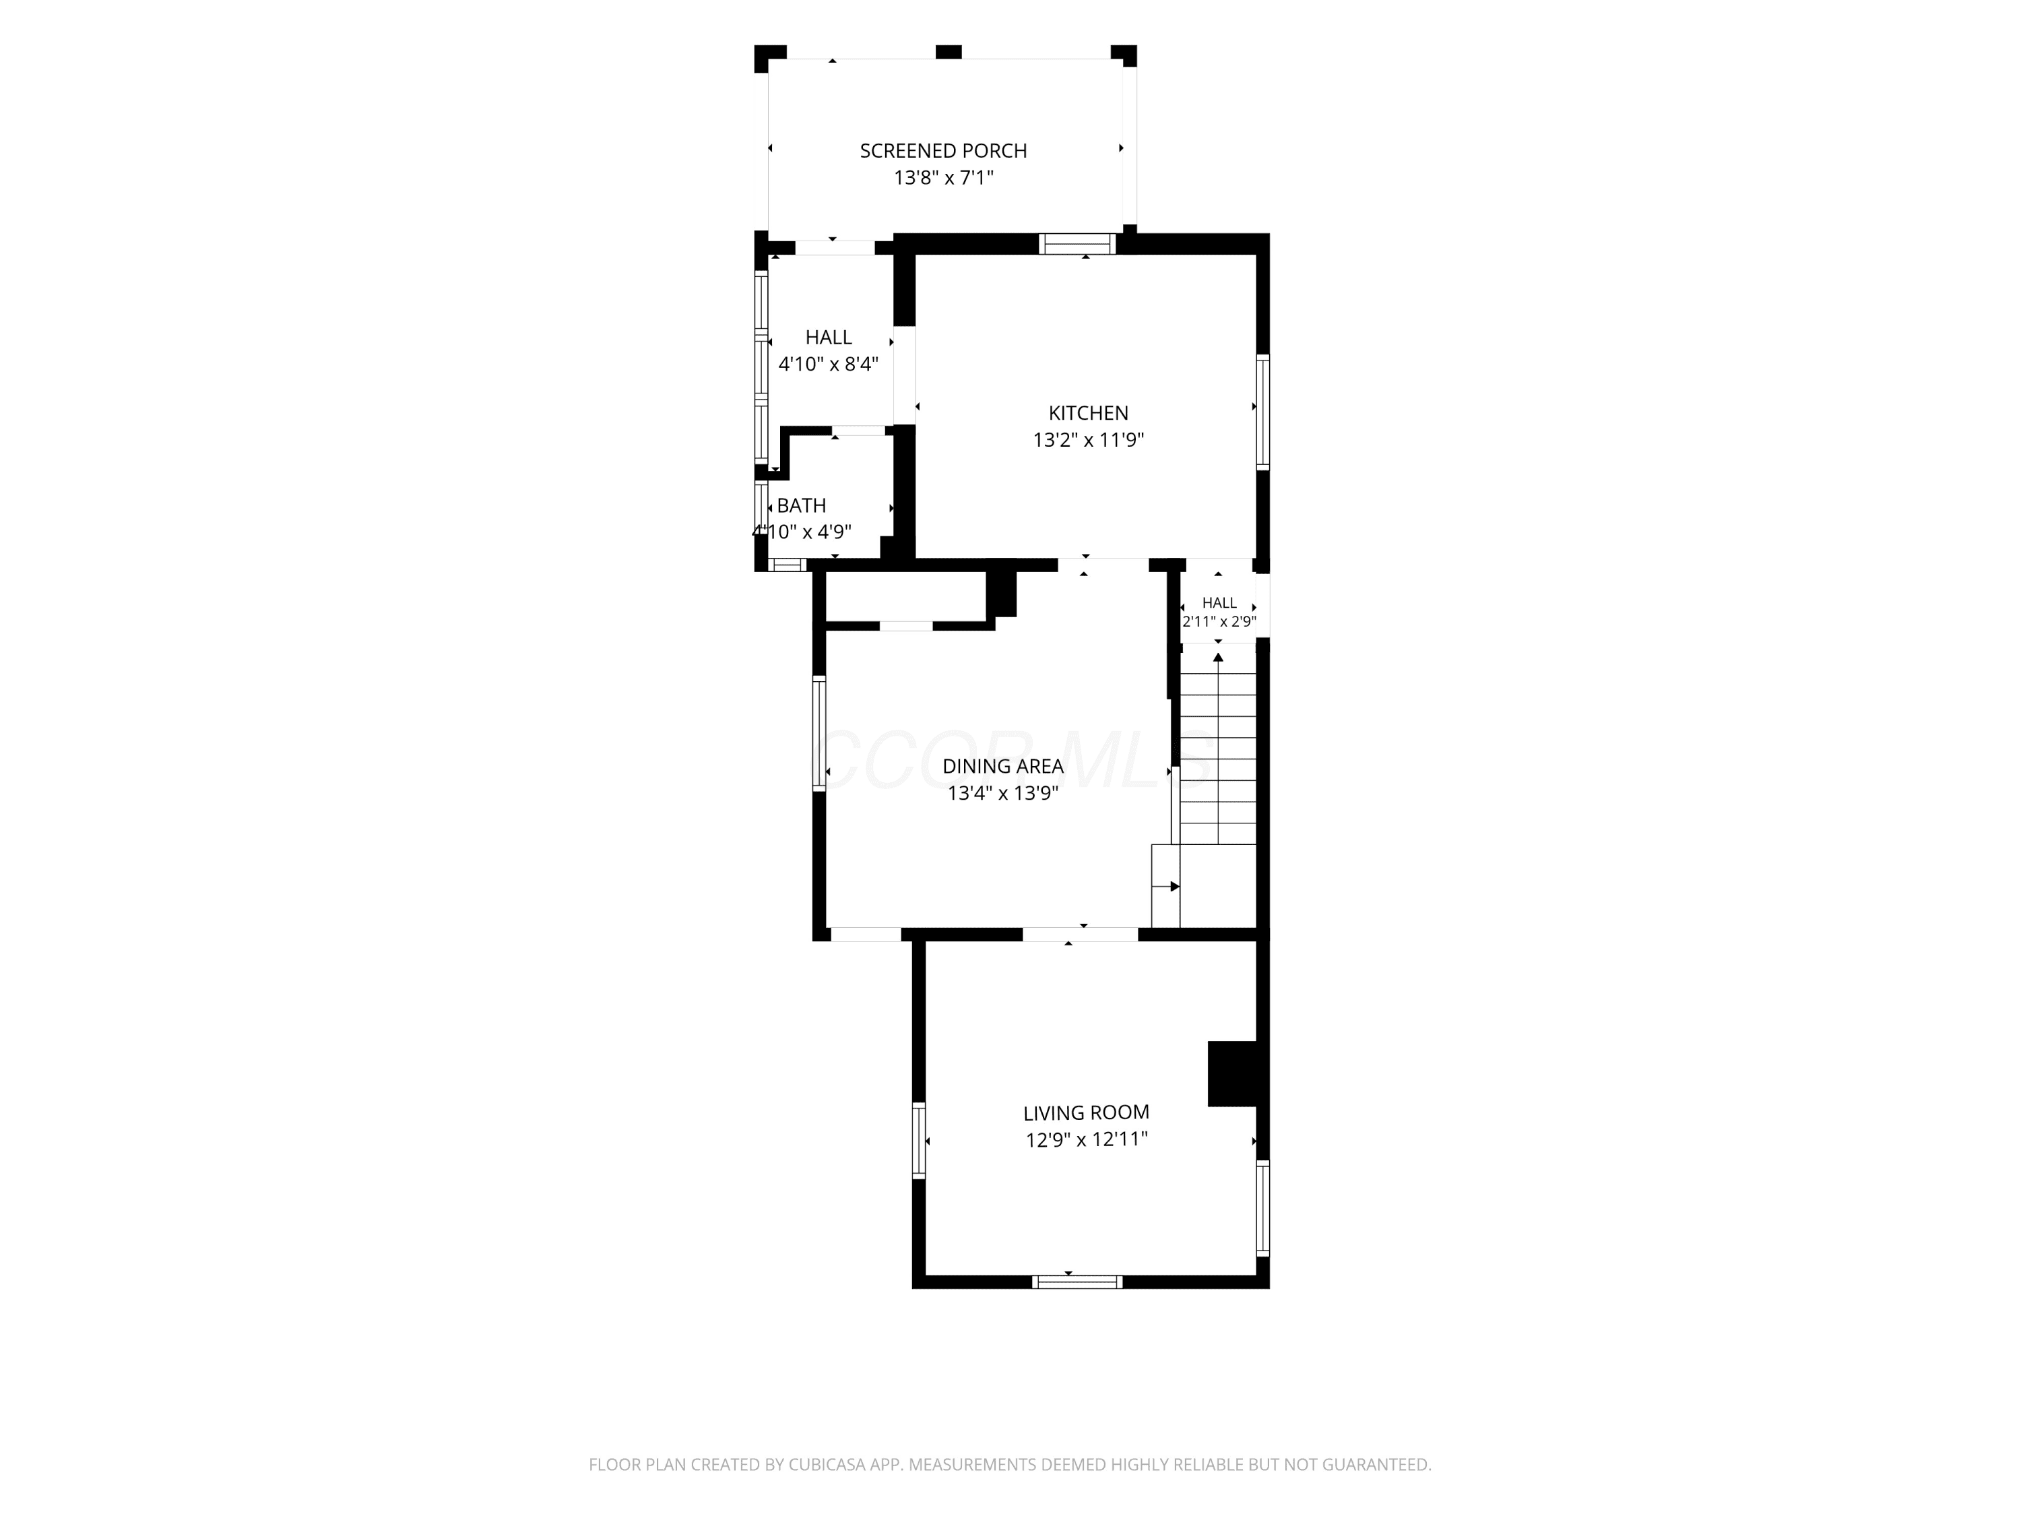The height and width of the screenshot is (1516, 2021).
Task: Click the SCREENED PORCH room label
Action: tap(943, 151)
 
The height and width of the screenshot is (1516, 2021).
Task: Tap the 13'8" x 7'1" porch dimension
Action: tap(943, 177)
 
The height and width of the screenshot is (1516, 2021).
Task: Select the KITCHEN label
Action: tap(1088, 413)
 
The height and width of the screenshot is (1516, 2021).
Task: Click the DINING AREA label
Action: tap(1003, 767)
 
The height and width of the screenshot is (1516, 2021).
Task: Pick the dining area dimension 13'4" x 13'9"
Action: tap(1003, 793)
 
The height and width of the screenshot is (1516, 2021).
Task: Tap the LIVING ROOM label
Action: tap(1087, 1113)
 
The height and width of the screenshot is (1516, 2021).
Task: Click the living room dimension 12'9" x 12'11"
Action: tap(1087, 1139)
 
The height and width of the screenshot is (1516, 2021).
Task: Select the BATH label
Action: tap(801, 505)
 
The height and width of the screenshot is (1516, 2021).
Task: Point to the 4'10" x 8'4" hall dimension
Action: tap(829, 365)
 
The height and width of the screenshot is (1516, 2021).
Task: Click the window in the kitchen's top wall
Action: tap(1078, 244)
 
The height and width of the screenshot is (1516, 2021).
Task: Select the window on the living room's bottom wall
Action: tap(1077, 1281)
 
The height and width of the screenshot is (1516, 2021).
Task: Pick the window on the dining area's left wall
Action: tap(820, 733)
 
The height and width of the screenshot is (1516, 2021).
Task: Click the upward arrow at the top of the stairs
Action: tap(1218, 657)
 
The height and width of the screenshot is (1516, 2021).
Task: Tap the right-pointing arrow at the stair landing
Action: tap(1175, 887)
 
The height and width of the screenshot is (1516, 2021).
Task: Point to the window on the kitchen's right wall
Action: tap(1262, 412)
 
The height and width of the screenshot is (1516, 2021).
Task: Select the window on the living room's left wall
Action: tap(919, 1141)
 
